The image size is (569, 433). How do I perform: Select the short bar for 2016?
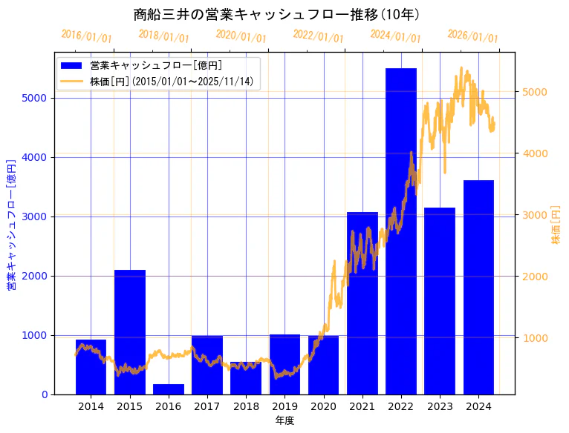(169, 389)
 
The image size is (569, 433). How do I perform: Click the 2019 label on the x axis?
(284, 406)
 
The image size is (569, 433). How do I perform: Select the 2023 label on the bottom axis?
(440, 406)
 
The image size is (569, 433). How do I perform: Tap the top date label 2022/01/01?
(319, 36)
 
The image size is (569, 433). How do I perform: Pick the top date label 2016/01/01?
(87, 36)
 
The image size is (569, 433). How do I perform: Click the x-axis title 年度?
(284, 420)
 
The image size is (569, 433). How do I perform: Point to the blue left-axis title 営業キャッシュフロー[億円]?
(11, 224)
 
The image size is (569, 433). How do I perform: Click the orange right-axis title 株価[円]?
(556, 226)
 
